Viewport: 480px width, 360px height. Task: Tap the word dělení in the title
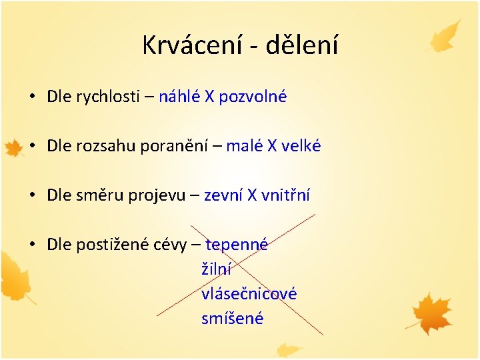(302, 45)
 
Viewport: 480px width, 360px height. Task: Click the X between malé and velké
(272, 146)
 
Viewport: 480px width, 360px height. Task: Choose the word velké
(301, 146)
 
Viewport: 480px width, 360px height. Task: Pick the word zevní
(223, 195)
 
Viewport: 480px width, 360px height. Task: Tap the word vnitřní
(285, 195)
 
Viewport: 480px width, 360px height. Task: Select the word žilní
(216, 269)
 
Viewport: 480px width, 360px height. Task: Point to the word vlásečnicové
(249, 294)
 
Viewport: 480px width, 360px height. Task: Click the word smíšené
(232, 319)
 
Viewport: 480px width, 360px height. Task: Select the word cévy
(169, 245)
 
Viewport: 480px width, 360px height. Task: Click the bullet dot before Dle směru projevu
(32, 195)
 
